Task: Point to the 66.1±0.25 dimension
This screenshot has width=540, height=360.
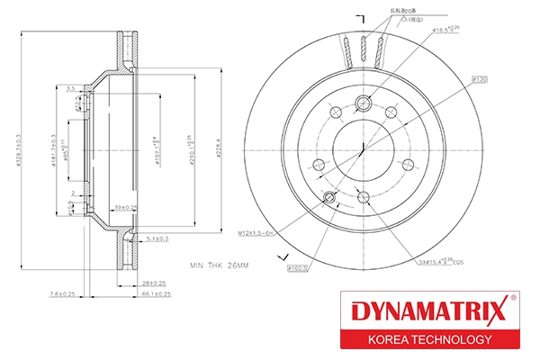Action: tap(156, 292)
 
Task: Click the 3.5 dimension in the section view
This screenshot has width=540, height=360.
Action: tap(70, 89)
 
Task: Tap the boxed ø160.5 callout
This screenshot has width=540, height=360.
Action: tap(298, 267)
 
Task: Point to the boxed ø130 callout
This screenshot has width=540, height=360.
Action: tap(479, 80)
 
